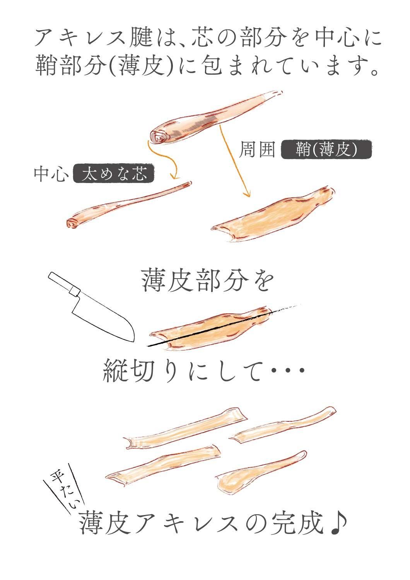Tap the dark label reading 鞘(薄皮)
tap(326, 149)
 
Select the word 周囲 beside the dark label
tap(256, 149)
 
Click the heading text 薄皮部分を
tap(207, 282)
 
